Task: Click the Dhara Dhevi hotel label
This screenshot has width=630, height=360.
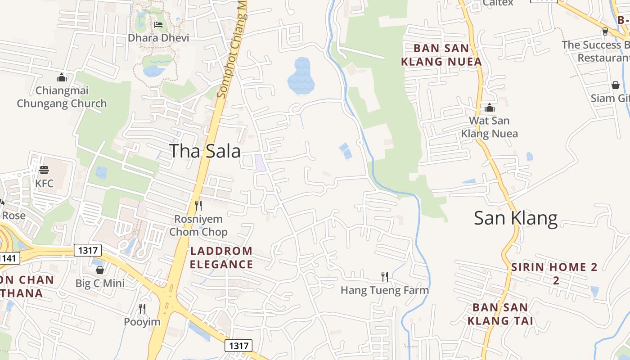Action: tap(158, 38)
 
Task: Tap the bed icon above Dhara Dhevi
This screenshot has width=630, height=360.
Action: tap(158, 24)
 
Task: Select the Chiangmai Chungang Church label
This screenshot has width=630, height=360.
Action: tap(62, 97)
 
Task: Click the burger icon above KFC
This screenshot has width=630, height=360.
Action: tap(44, 170)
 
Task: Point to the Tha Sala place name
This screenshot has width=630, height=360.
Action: tap(205, 151)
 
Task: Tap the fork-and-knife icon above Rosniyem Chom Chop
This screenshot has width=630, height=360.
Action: tap(198, 206)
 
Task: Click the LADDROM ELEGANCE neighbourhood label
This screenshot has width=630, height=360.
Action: tap(221, 257)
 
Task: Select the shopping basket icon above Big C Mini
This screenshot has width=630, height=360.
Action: tap(100, 270)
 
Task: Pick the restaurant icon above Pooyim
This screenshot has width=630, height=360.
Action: tap(142, 309)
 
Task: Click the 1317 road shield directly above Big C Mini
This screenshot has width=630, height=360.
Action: tap(88, 250)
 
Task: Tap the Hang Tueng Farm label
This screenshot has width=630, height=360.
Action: tap(384, 290)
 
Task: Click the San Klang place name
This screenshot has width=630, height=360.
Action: tap(516, 218)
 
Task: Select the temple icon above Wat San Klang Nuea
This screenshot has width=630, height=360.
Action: tap(490, 108)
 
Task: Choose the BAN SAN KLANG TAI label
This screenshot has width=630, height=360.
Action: tap(500, 314)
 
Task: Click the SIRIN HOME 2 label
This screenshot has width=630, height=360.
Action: tap(554, 273)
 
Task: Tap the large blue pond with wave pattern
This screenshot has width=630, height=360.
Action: tap(301, 76)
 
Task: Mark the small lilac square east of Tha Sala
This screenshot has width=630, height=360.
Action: tap(260, 162)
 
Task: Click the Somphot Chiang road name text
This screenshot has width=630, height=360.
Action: tap(233, 54)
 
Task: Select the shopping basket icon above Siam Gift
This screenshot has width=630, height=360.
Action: tap(615, 85)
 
